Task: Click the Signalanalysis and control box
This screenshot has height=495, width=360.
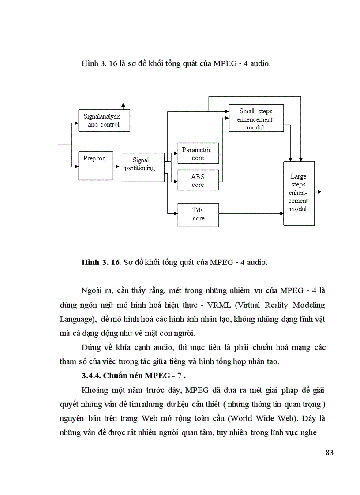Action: [101, 120]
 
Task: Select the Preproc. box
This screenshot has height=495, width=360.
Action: [95, 165]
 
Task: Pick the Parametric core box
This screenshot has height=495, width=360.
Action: [198, 154]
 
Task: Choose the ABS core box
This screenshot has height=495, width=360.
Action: [198, 180]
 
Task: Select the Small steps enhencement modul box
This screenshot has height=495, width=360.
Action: [256, 118]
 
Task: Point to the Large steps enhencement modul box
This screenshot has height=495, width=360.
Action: [298, 193]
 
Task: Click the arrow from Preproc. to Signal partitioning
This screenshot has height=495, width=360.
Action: [116, 167]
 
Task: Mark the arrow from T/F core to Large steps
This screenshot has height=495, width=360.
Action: [251, 214]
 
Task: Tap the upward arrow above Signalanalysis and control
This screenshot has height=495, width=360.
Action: [124, 105]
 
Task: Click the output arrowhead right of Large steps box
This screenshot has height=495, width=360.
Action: [319, 192]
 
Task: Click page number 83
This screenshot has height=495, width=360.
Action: [329, 453]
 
